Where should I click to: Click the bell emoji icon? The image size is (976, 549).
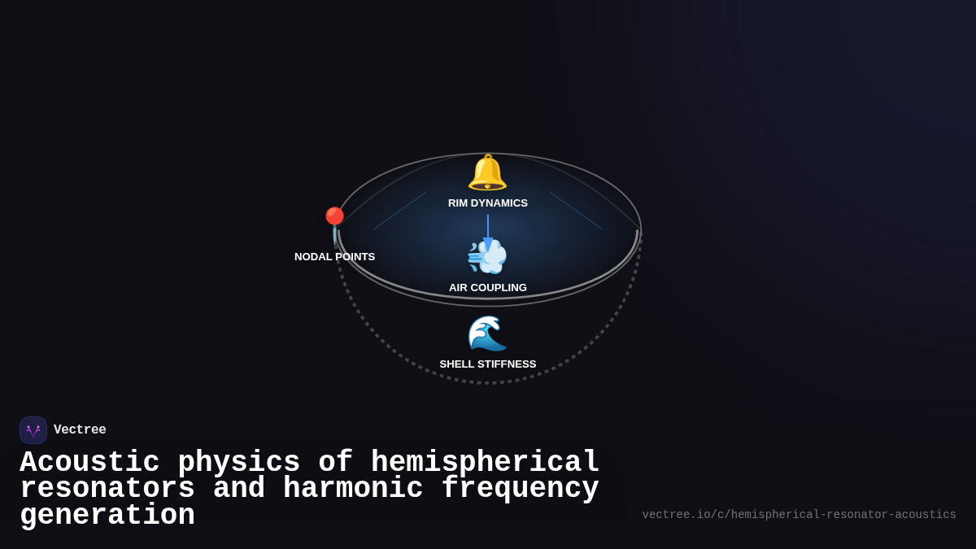tap(487, 172)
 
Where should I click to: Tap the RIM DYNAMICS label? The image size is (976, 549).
tap(488, 203)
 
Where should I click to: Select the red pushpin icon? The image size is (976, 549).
tap(334, 222)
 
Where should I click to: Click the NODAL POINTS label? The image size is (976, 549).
tap(334, 257)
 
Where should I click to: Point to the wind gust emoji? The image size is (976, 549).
tap(487, 257)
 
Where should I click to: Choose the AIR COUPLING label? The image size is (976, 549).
tap(488, 288)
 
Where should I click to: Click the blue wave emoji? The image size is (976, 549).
tap(487, 333)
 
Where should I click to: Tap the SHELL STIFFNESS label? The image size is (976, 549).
tap(488, 364)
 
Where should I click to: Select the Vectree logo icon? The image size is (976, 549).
tap(33, 430)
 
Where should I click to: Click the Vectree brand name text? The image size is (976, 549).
tap(80, 430)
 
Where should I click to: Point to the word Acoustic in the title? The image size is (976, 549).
tap(89, 463)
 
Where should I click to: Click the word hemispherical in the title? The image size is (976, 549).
tap(485, 463)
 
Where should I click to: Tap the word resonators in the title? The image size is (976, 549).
tap(107, 489)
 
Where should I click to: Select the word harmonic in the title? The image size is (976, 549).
tap(353, 489)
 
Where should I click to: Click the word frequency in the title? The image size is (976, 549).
tap(521, 489)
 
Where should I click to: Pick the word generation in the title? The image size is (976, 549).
tap(107, 516)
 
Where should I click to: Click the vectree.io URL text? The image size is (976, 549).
tap(799, 515)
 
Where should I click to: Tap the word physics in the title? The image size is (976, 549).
tap(239, 463)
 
